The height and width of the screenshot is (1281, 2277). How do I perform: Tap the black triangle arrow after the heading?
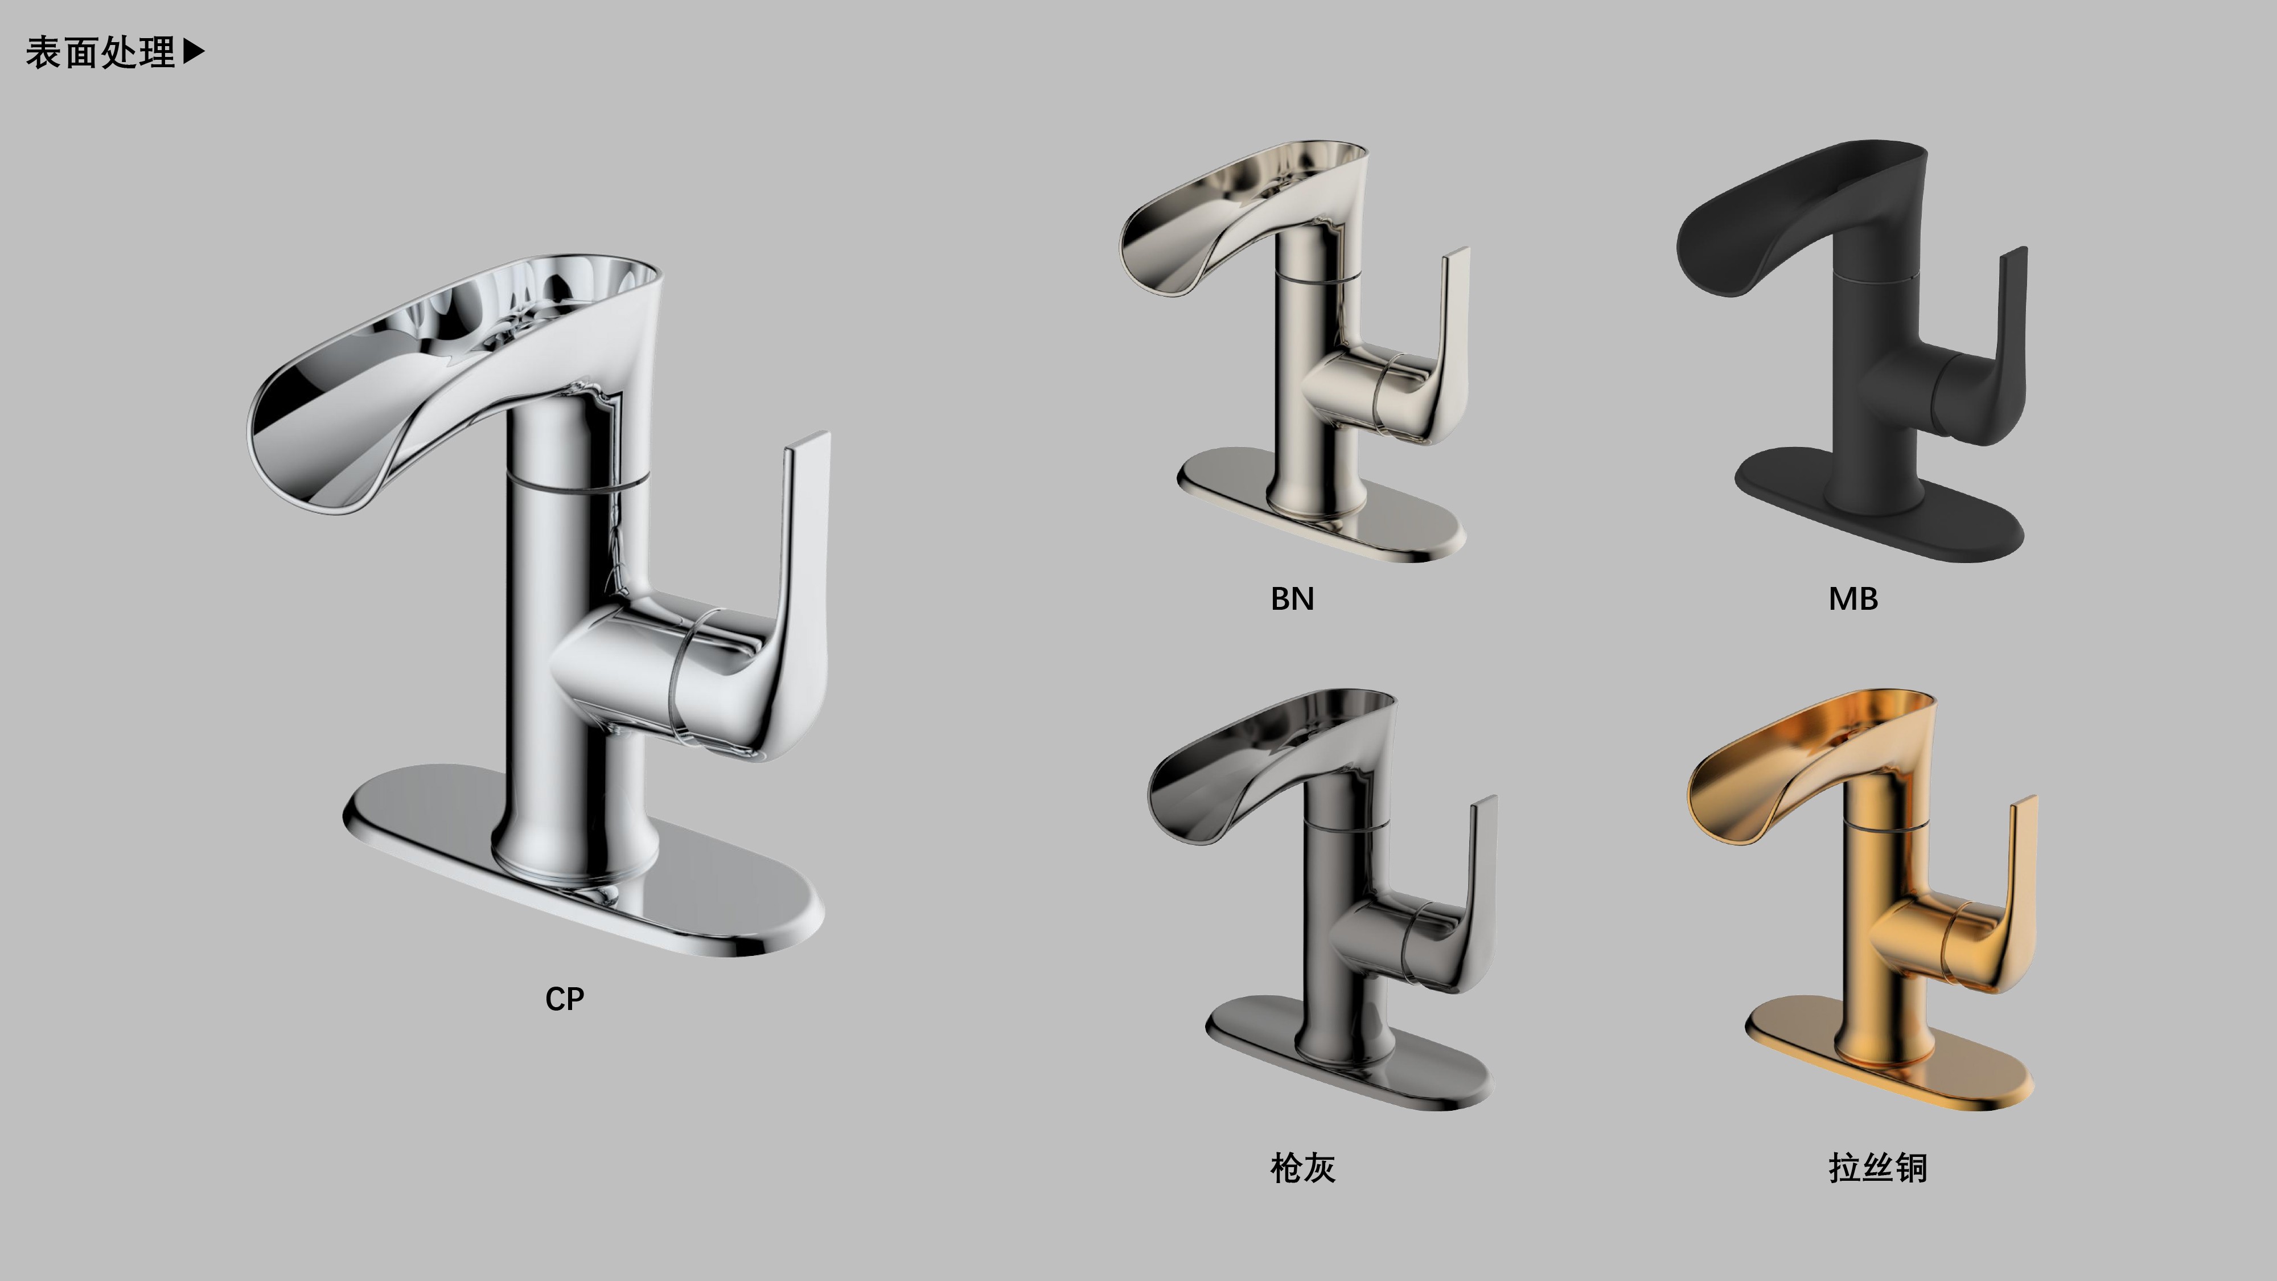click(x=194, y=52)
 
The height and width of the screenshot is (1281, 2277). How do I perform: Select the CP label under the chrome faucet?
click(x=565, y=999)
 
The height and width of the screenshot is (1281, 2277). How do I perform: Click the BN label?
click(x=1292, y=598)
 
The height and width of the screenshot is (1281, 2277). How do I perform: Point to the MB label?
click(x=1853, y=598)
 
